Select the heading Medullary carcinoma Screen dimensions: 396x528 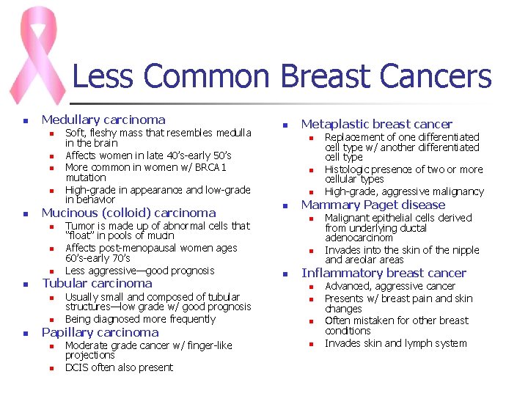coord(103,120)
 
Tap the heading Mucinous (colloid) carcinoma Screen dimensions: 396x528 coord(128,213)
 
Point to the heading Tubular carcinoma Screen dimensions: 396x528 coord(97,283)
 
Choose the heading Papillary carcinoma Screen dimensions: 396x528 coord(100,332)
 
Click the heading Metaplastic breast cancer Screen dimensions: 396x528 coord(376,125)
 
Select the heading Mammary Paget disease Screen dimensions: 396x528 coord(373,205)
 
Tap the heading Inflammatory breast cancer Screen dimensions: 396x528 coord(384,273)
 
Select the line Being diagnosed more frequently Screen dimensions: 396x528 coord(140,319)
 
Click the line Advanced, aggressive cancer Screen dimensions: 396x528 coord(389,286)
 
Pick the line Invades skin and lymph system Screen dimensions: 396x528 coord(395,343)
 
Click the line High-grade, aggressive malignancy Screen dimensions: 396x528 coord(404,191)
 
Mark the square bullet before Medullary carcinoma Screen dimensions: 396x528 coord(25,121)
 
